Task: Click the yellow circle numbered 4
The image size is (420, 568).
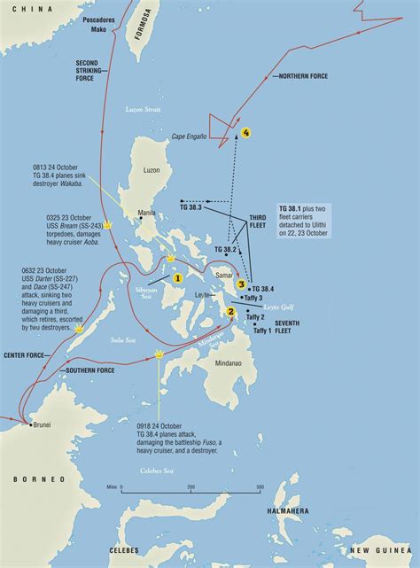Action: point(246,133)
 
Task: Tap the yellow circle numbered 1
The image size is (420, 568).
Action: point(177,277)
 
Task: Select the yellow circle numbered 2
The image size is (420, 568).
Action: point(231,311)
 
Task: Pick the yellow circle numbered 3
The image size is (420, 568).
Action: point(240,284)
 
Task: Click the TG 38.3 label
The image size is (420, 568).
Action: point(191,207)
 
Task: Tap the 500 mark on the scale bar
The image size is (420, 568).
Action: point(260,487)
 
